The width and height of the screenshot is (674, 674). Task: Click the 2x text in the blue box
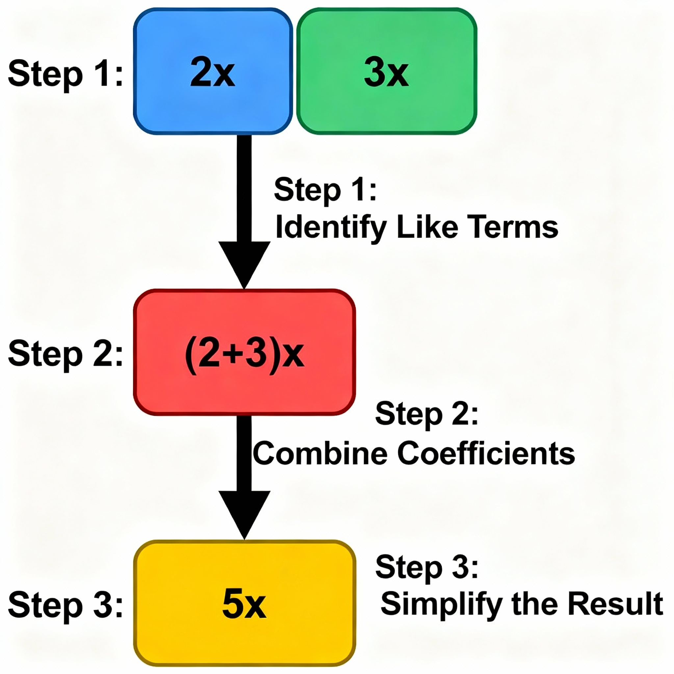pos(213,72)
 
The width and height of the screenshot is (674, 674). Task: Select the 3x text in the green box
pos(386,72)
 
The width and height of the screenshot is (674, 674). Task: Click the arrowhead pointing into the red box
pos(244,263)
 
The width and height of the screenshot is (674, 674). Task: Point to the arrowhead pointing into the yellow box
pos(244,512)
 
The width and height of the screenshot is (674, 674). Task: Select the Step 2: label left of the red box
pos(65,354)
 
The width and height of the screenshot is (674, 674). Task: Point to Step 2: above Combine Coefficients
pos(426,414)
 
